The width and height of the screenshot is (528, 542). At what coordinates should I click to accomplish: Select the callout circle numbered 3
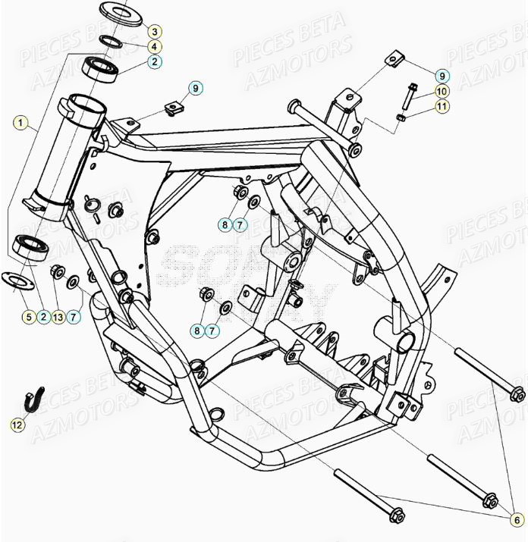coord(153,32)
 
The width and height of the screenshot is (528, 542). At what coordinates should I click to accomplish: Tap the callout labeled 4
coord(153,47)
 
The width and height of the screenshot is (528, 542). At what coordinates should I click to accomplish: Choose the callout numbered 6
coord(515,522)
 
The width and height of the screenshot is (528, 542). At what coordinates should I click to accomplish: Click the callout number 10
coord(442,91)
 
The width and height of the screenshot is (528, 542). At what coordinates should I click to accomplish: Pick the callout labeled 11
coord(442,106)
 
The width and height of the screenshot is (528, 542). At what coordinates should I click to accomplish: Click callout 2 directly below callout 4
coord(153,62)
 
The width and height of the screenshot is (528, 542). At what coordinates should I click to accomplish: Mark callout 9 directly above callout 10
coord(442,76)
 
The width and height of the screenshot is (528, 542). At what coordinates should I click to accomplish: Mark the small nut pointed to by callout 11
coord(402,117)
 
